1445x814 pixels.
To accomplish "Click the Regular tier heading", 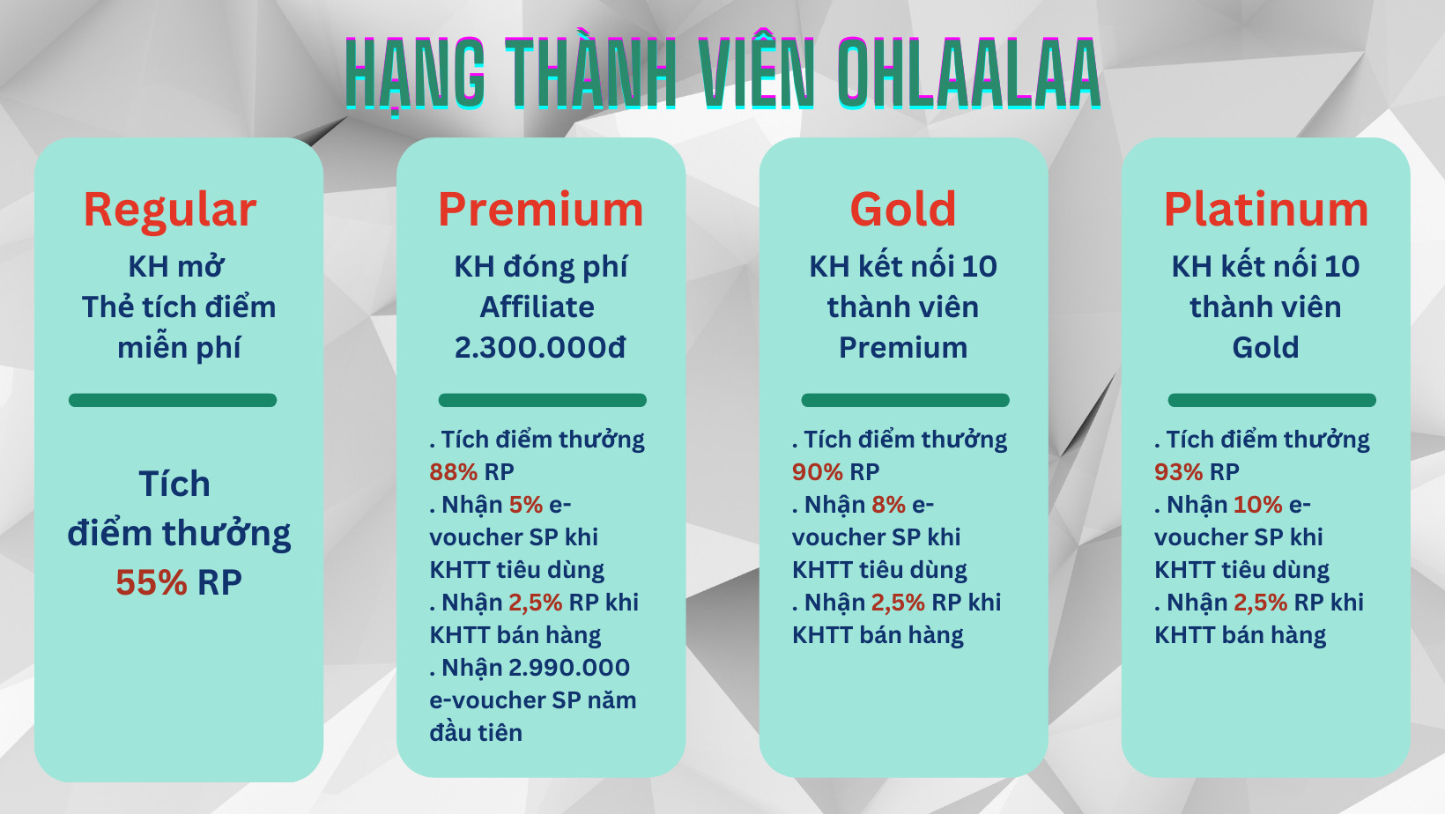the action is pyautogui.click(x=170, y=211).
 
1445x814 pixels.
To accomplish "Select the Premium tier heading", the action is pyautogui.click(x=541, y=210).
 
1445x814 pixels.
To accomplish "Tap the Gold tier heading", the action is pyautogui.click(x=903, y=210).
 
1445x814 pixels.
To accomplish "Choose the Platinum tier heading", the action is pyautogui.click(x=1265, y=210).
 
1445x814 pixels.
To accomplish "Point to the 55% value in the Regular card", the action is pyautogui.click(x=152, y=582).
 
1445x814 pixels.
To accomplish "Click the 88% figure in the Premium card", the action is pyautogui.click(x=454, y=472).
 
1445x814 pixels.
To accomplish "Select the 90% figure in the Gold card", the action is pyautogui.click(x=818, y=472).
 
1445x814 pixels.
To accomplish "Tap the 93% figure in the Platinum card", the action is pyautogui.click(x=1179, y=472).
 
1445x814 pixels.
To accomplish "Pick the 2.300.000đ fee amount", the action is pyautogui.click(x=541, y=348).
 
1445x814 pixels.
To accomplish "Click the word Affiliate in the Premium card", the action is pyautogui.click(x=537, y=307).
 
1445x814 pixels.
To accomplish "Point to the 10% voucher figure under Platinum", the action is pyautogui.click(x=1258, y=505).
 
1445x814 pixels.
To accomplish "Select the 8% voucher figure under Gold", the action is pyautogui.click(x=888, y=505).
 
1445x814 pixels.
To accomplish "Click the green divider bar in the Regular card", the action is pyautogui.click(x=173, y=400).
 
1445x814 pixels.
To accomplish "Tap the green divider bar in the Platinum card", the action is pyautogui.click(x=1272, y=400).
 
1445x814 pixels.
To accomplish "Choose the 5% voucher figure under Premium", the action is pyautogui.click(x=526, y=505).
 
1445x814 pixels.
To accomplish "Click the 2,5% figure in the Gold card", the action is pyautogui.click(x=898, y=603).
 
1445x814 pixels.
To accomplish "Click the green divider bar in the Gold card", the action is pyautogui.click(x=905, y=400).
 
